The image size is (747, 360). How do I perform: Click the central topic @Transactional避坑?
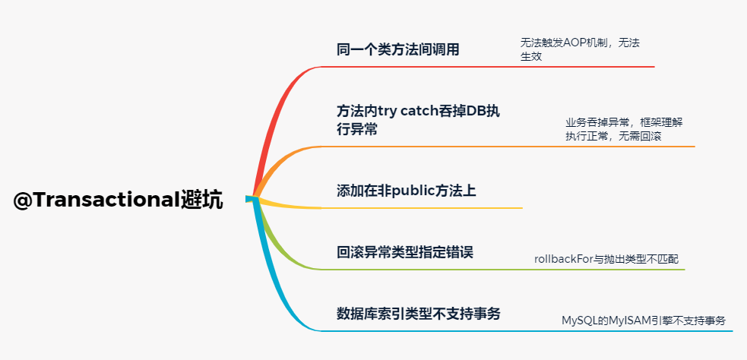[x=118, y=201]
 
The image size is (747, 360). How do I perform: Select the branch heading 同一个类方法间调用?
[x=397, y=50]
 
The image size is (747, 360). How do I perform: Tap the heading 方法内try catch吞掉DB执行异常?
[x=418, y=119]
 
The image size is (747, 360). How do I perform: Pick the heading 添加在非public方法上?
[x=406, y=190]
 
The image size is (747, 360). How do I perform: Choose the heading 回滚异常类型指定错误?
[x=404, y=252]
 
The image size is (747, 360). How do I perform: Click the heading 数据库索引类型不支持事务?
[x=418, y=313]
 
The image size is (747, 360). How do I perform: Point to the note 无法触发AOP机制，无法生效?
[x=579, y=49]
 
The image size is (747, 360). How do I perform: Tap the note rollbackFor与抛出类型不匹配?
[x=606, y=260]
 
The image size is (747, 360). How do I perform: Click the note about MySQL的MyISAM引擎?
[x=643, y=321]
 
